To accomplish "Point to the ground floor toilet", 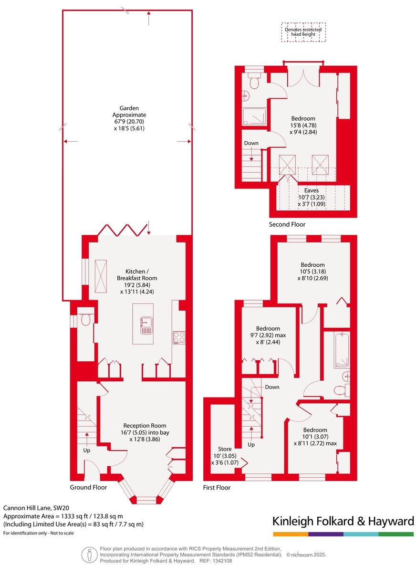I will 86,319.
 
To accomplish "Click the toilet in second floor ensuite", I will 254,82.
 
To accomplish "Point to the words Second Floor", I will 287,224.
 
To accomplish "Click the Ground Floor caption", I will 88,487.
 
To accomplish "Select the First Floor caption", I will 217,487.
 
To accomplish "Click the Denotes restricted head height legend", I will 303,32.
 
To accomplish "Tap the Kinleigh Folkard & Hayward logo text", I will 343,521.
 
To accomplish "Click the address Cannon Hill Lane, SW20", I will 36,508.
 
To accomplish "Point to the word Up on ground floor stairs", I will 87,450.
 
